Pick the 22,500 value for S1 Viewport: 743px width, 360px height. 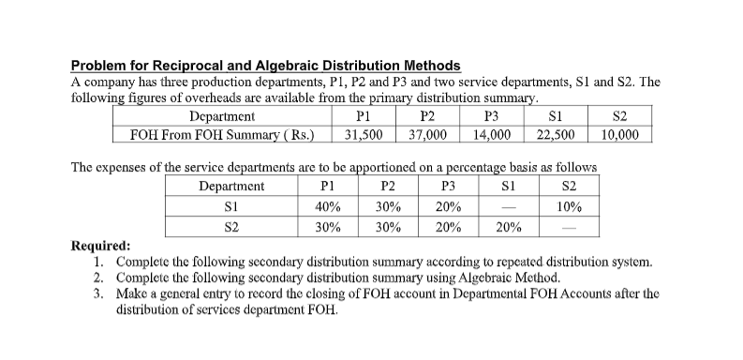click(557, 134)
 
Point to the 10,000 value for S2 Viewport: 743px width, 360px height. click(619, 134)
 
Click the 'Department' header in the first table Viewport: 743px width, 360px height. click(221, 117)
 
